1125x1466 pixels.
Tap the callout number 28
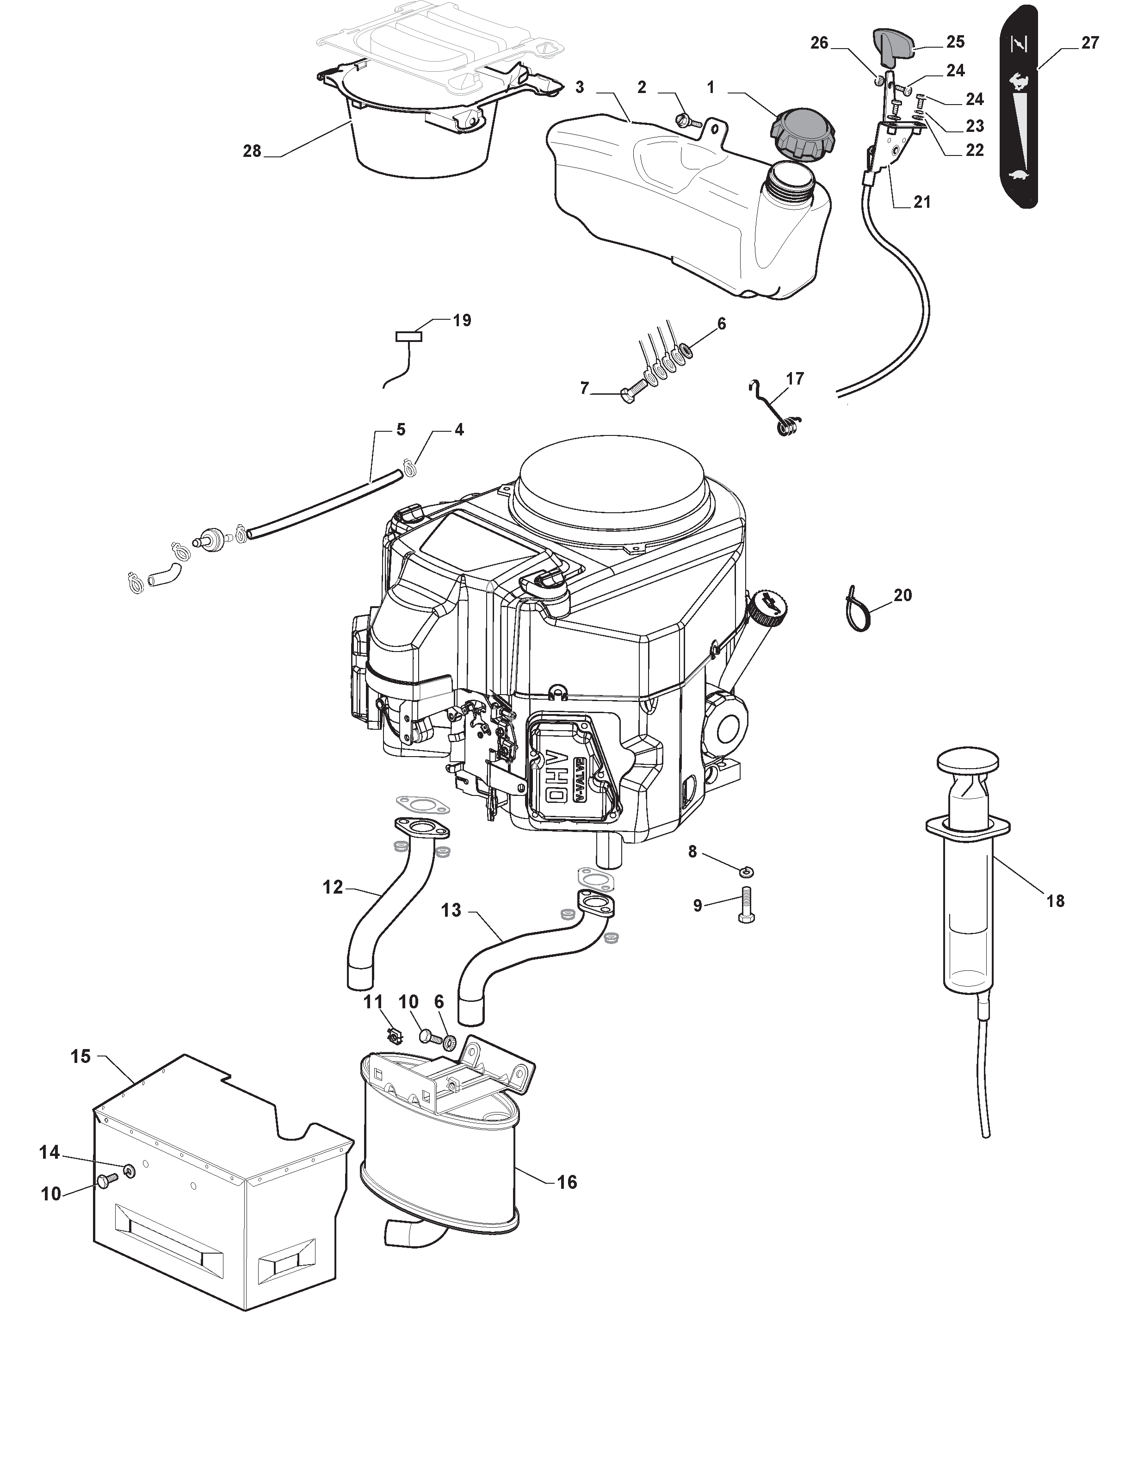[252, 151]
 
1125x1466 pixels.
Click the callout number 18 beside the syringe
[1055, 901]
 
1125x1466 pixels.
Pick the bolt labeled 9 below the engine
[747, 905]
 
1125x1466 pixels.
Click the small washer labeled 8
[745, 871]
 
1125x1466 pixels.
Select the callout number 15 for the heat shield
[80, 1056]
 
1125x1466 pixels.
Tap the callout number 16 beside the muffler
[567, 1182]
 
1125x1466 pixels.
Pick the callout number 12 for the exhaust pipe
[333, 888]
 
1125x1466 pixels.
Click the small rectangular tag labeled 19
[409, 337]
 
